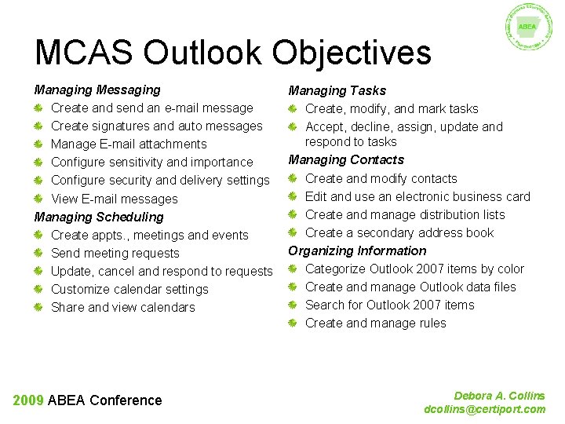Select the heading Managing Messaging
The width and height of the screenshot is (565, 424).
click(97, 90)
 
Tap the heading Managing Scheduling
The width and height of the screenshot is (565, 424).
click(99, 217)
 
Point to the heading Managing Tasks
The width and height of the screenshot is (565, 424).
click(337, 91)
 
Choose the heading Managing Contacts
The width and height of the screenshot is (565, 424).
click(346, 160)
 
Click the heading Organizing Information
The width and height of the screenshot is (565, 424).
click(357, 251)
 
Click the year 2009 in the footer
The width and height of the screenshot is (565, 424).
click(28, 400)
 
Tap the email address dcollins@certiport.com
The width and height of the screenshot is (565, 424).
click(484, 409)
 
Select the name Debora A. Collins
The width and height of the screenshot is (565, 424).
click(499, 396)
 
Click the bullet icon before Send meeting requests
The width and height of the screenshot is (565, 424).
click(39, 254)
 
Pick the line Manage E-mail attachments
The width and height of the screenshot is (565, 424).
click(129, 144)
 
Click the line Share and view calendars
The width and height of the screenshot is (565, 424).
click(123, 308)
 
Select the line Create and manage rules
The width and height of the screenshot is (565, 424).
click(375, 323)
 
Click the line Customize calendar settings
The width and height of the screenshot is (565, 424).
click(129, 290)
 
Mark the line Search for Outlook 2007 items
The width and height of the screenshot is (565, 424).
click(389, 305)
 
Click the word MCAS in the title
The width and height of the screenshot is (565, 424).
click(84, 53)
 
